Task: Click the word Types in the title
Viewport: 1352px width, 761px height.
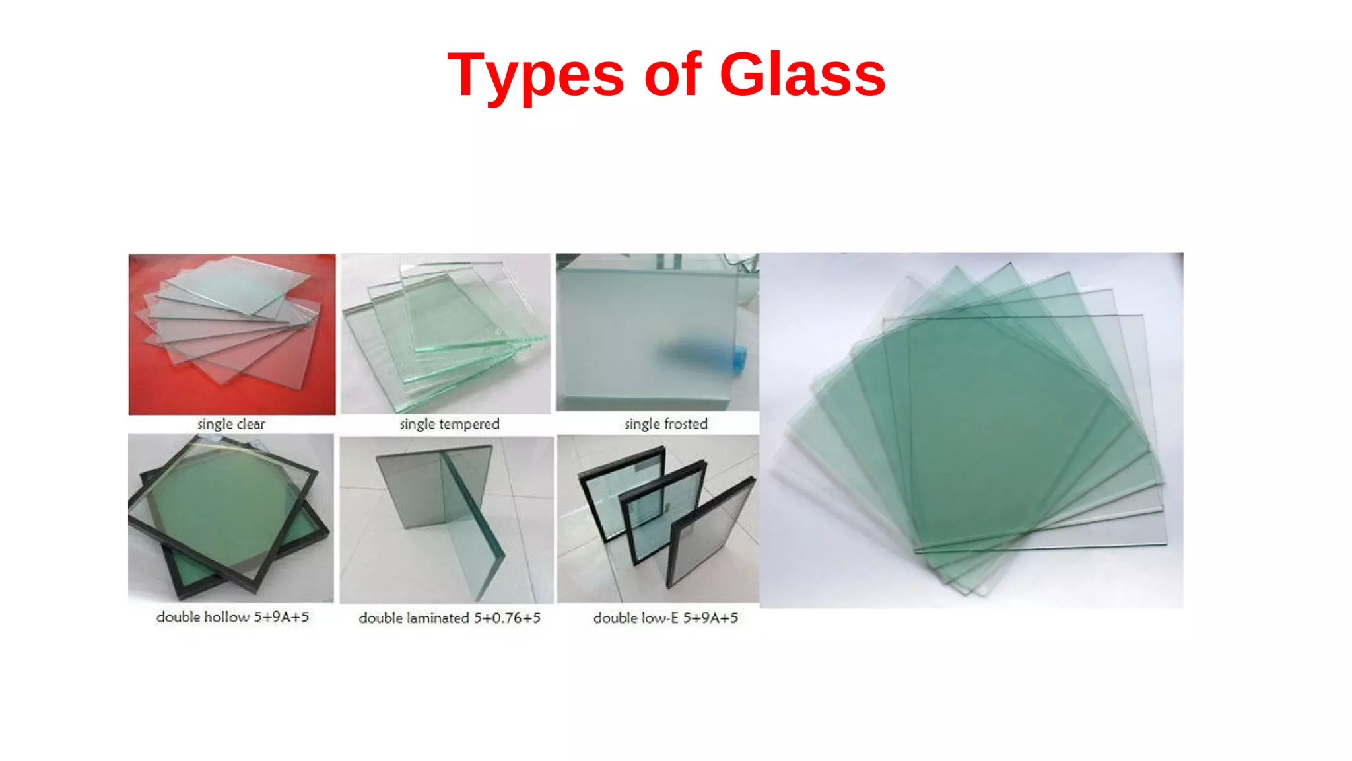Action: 535,76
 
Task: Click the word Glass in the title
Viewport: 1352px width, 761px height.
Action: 801,75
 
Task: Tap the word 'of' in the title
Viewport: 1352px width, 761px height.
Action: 672,75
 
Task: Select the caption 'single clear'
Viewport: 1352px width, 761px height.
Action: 231,424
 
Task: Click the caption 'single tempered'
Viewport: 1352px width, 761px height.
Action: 450,424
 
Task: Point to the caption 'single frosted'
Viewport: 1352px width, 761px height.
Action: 665,424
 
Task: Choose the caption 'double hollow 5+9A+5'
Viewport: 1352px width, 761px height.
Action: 232,617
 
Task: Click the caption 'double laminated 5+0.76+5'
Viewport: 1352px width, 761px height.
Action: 450,618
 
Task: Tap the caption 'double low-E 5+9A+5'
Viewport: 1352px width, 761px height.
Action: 665,618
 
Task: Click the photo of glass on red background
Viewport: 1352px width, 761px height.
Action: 232,334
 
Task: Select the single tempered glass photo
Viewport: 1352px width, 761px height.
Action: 446,334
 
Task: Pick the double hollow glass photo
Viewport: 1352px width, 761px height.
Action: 231,518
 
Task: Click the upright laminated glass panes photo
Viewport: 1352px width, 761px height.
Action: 446,519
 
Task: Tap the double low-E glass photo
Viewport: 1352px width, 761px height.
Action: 658,519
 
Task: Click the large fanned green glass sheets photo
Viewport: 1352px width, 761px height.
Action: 971,430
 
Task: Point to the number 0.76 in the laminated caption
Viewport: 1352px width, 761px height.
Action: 498,618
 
